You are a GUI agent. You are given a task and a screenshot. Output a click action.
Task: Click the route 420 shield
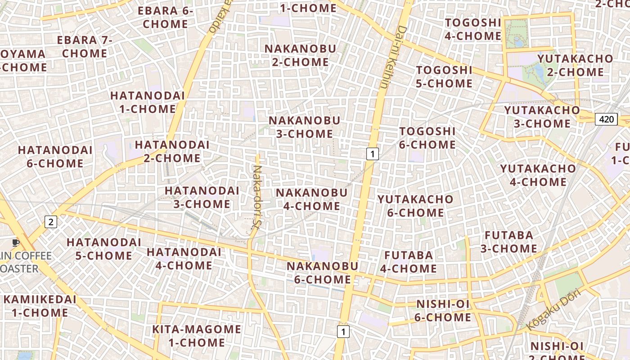click(606, 119)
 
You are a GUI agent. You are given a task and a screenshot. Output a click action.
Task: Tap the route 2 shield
click(51, 221)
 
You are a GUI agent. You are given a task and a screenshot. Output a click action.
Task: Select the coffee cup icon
click(16, 243)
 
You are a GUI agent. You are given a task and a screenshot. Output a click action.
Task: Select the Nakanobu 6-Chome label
click(322, 273)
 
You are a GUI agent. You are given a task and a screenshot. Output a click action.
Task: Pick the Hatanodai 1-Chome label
click(148, 102)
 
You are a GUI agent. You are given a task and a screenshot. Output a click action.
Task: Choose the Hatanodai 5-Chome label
click(103, 249)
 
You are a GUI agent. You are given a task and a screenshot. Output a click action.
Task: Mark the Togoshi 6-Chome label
click(427, 138)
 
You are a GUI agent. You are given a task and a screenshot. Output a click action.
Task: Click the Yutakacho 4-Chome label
click(538, 175)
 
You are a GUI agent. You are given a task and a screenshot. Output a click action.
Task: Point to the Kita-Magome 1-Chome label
click(197, 336)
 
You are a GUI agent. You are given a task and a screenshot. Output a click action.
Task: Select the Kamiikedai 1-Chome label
click(40, 306)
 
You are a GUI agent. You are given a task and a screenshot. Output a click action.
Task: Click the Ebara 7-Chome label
click(84, 46)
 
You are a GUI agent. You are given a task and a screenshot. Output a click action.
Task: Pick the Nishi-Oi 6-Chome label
click(443, 310)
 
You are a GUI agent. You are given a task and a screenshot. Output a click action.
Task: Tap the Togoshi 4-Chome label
click(473, 29)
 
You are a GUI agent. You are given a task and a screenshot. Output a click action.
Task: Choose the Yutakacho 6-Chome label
click(415, 206)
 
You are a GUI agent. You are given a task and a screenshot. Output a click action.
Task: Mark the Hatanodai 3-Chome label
click(202, 197)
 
